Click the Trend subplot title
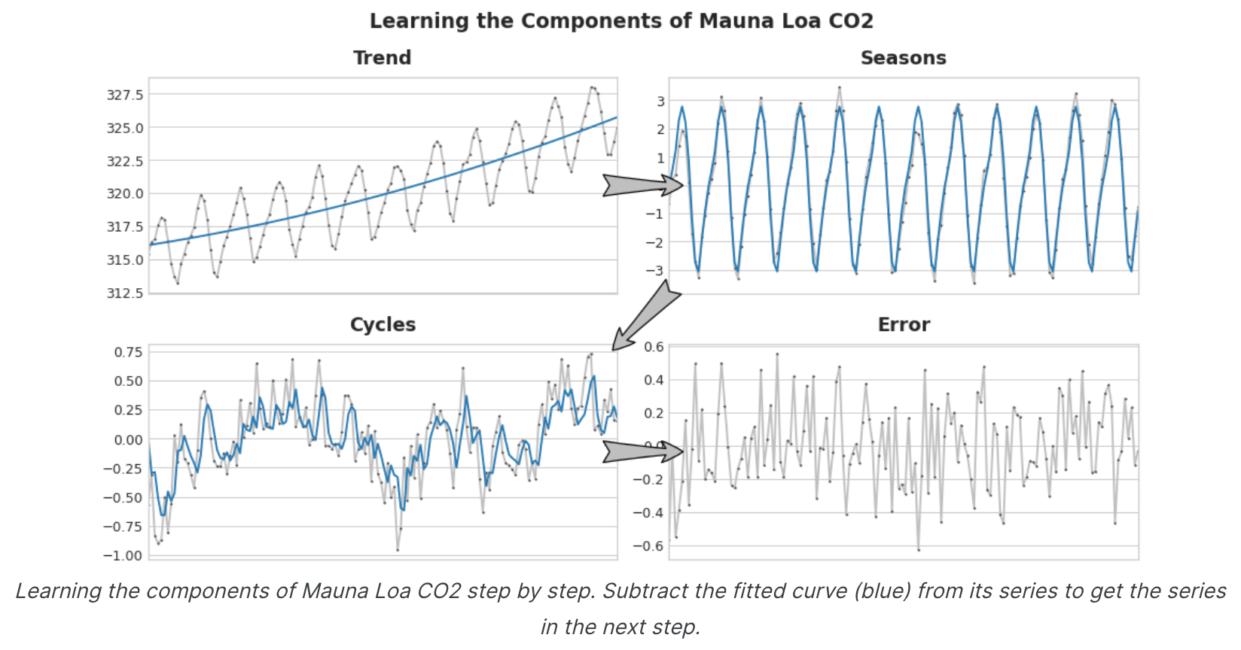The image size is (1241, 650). [x=382, y=58]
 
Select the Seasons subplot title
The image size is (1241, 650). [x=903, y=58]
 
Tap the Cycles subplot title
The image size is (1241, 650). [x=383, y=325]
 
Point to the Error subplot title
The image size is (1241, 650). [x=904, y=325]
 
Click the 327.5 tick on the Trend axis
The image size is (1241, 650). [x=125, y=95]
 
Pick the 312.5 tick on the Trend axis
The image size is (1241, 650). [x=125, y=293]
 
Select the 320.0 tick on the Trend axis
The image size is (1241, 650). [x=125, y=193]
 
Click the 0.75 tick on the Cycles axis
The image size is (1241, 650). [x=128, y=352]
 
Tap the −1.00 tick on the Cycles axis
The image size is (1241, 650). [x=123, y=555]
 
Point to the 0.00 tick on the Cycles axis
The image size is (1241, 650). [x=128, y=439]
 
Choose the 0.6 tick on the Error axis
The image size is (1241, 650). [x=654, y=347]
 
